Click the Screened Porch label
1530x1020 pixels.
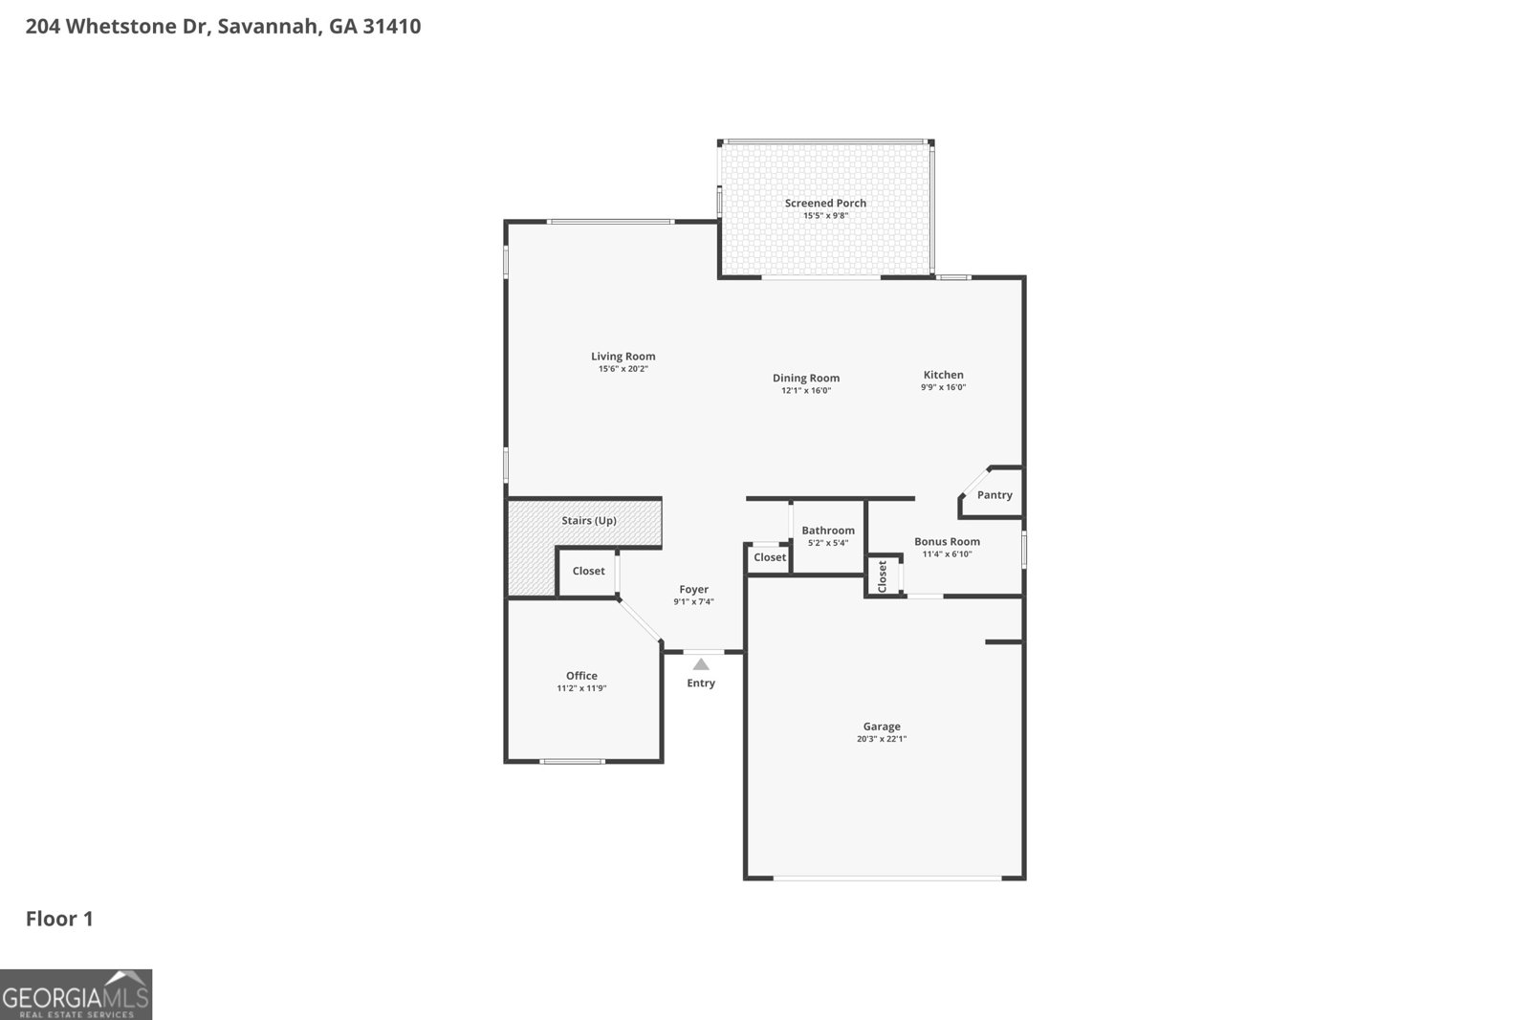(825, 203)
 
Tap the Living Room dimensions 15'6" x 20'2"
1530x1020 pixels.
(623, 369)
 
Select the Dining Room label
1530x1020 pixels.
(806, 378)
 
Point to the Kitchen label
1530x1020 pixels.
(943, 375)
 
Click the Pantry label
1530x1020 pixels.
(994, 495)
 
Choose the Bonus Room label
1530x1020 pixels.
(947, 541)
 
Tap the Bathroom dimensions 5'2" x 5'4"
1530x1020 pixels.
(828, 543)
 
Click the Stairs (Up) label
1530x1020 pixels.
(588, 521)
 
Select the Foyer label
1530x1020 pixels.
(693, 590)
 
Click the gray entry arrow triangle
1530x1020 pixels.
(701, 664)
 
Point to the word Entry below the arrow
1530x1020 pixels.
(701, 684)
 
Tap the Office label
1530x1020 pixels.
(581, 676)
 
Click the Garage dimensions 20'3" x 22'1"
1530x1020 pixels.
(882, 739)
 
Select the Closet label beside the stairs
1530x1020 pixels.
(588, 571)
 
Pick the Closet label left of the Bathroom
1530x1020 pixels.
(769, 557)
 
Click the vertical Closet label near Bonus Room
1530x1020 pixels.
(883, 576)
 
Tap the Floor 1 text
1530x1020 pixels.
(59, 919)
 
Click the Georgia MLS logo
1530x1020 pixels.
(76, 994)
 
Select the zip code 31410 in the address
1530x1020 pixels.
(391, 26)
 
